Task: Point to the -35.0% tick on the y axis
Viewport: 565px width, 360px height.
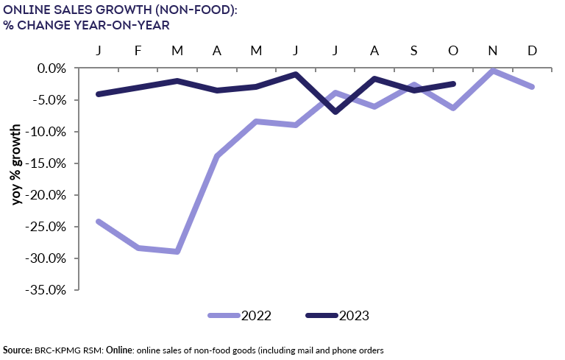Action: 50,290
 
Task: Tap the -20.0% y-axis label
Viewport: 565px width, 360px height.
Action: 50,195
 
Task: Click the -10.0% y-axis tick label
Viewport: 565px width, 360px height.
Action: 50,132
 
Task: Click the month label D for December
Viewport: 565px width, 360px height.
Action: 532,50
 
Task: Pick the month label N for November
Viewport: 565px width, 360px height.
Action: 492,50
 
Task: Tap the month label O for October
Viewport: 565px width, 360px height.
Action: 453,50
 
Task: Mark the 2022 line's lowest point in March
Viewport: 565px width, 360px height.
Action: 177,252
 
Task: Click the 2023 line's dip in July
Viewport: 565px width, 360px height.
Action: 335,112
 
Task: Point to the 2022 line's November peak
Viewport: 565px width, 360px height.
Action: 492,71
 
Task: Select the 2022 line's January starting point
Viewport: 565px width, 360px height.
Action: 98,222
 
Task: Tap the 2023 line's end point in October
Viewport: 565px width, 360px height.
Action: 453,84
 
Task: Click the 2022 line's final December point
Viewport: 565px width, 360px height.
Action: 532,87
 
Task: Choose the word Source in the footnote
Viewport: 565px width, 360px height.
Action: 17,349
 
